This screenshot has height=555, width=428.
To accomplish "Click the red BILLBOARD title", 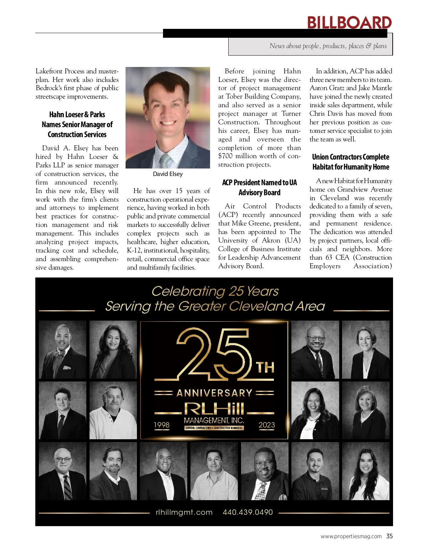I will (x=349, y=23).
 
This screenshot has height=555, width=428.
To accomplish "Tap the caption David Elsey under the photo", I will (x=168, y=174).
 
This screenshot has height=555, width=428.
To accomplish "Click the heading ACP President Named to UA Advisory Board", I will (x=259, y=187).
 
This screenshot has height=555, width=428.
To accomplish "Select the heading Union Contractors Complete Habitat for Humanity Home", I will (x=351, y=162).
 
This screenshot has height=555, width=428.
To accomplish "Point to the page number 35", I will (x=389, y=536).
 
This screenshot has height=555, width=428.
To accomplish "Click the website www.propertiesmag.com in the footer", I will (x=351, y=536).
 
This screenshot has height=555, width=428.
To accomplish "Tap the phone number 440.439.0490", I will (x=248, y=512).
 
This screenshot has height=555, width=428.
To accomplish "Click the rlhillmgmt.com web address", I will (x=184, y=512).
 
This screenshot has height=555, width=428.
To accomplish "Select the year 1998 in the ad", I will (x=162, y=425).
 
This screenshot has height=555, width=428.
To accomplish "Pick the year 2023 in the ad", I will (x=267, y=425).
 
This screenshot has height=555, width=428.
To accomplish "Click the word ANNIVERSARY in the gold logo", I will (x=214, y=393).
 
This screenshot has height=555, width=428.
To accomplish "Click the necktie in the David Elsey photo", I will (x=165, y=161).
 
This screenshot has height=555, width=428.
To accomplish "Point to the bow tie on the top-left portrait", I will (x=60, y=354).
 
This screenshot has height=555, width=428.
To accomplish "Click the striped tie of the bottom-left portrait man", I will (x=67, y=488).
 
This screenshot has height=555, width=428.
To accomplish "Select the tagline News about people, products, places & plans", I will (x=328, y=46).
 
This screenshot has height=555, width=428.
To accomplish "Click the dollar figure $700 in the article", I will (x=225, y=156).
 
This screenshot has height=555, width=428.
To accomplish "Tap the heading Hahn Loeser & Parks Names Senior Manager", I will (x=77, y=124).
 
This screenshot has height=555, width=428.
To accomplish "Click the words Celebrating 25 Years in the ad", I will (x=215, y=291).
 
